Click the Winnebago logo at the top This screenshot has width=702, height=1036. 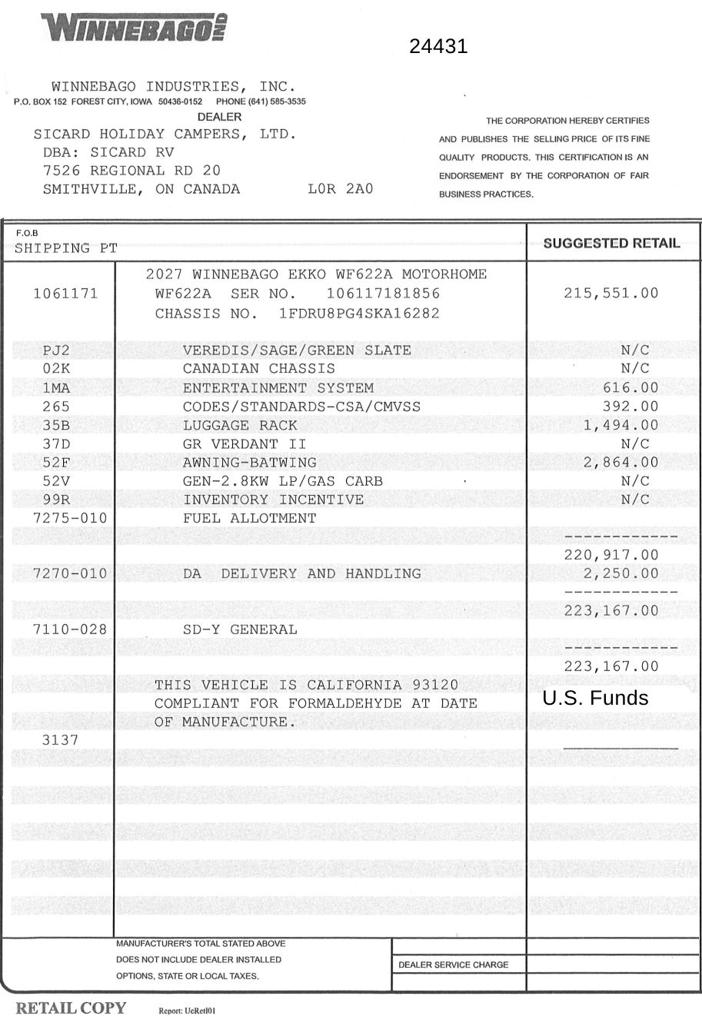coord(135,28)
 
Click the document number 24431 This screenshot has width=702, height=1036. coord(438,47)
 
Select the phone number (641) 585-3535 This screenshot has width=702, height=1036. coord(261,101)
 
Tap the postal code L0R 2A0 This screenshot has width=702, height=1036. coord(340,189)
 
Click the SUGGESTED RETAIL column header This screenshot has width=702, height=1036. coord(611,244)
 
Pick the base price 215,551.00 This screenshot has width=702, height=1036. coord(611,293)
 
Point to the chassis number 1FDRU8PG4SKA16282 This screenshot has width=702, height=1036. coord(359,314)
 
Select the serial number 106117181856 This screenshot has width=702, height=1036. coord(383,294)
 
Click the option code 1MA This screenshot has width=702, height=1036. coord(56,388)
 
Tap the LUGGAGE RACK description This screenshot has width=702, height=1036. coord(240,425)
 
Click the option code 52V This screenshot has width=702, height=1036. coord(56,481)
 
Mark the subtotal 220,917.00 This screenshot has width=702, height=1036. coord(611,555)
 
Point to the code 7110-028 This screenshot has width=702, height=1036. coord(70,629)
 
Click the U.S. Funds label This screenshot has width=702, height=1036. coord(595,698)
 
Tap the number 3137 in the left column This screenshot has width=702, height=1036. coord(60,740)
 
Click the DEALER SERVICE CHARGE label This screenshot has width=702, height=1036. coord(453,965)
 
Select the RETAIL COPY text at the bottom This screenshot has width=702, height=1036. coord(71,1008)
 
